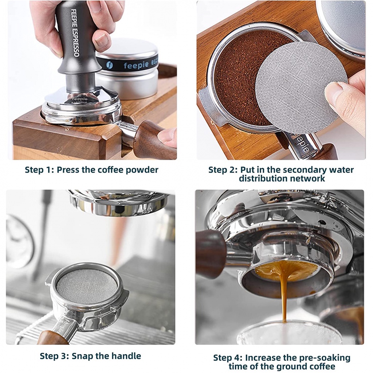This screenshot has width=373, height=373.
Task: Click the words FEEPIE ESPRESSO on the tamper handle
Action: pyautogui.click(x=75, y=33)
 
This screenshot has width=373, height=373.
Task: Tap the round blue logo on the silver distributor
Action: pyautogui.click(x=110, y=65)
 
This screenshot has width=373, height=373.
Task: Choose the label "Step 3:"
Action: pyautogui.click(x=55, y=356)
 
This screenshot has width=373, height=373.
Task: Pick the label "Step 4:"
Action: pyautogui.click(x=228, y=358)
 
